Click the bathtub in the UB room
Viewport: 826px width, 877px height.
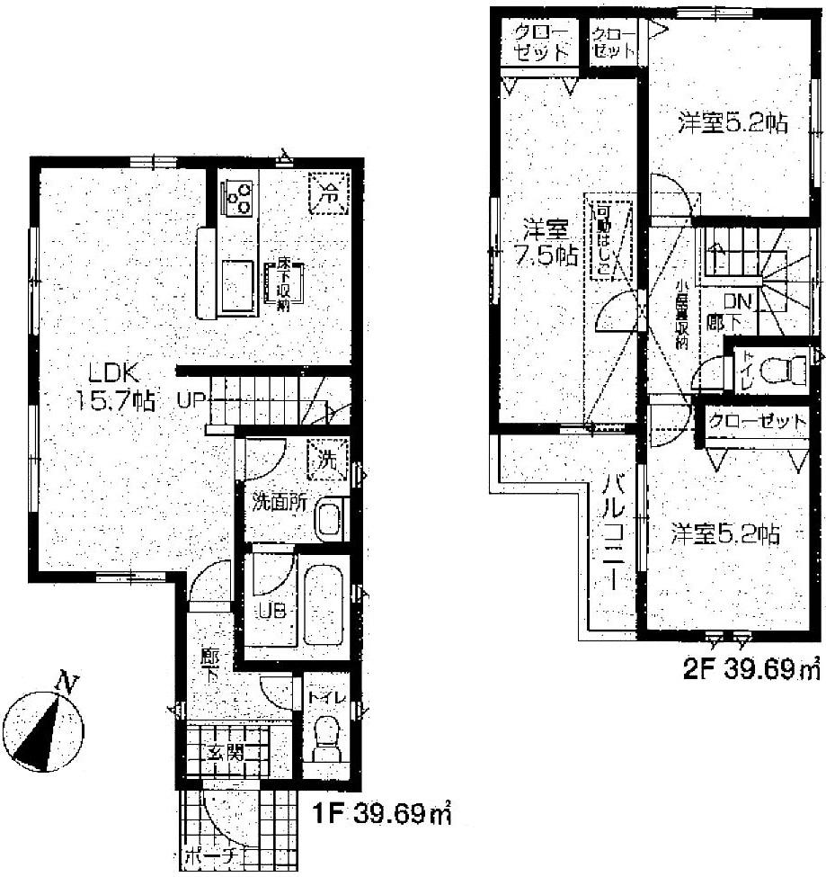point(324,604)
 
